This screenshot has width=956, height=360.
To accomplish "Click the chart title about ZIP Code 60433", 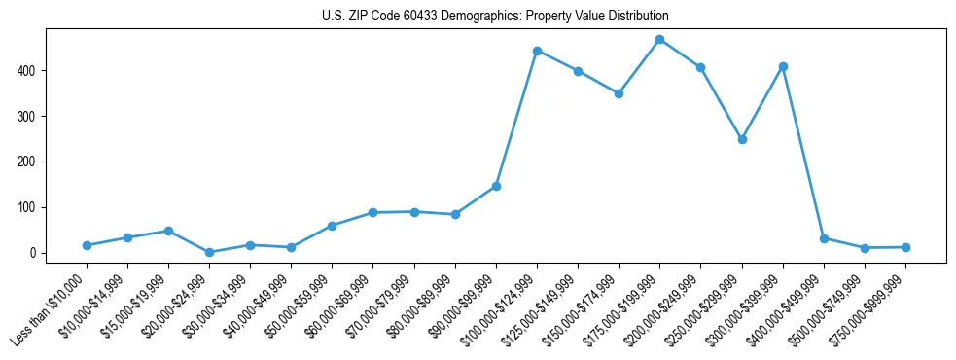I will [x=495, y=17].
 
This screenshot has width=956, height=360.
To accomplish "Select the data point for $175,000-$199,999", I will [x=659, y=40].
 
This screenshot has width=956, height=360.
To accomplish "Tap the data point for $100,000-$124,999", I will [x=537, y=51].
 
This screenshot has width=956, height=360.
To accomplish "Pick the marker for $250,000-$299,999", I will [x=742, y=139].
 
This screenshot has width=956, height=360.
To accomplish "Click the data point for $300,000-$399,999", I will [x=783, y=66].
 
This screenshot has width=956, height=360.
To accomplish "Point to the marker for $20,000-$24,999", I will [x=209, y=252].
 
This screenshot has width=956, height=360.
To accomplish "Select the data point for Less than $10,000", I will [x=87, y=245].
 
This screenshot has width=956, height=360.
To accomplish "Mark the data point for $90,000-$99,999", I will [x=496, y=186].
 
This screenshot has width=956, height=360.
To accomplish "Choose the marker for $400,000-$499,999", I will [x=824, y=238].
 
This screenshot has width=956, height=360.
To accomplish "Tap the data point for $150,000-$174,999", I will [x=619, y=93].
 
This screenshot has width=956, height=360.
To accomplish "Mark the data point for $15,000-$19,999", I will [x=168, y=231].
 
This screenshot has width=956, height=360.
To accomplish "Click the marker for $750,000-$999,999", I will [x=905, y=247].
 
